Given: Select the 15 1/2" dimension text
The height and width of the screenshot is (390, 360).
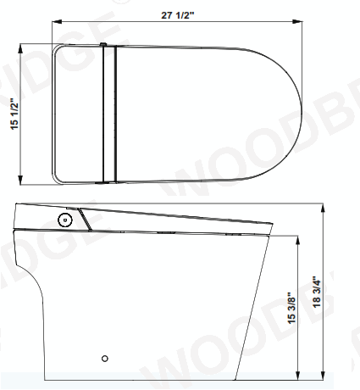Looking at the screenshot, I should click(x=13, y=114).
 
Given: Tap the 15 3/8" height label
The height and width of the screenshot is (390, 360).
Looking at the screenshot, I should click(x=291, y=309).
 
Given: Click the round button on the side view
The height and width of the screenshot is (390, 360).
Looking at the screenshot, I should click(x=63, y=219).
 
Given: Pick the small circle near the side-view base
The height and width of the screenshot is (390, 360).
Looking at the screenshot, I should click(x=105, y=358).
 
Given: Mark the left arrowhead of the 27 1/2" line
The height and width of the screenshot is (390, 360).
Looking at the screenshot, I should click(x=55, y=23).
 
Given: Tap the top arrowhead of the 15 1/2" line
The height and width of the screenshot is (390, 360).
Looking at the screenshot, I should click(x=22, y=48).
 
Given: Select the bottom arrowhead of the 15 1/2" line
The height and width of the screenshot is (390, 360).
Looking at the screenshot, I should click(x=22, y=181).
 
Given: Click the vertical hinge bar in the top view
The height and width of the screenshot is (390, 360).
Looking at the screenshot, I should click(x=108, y=114).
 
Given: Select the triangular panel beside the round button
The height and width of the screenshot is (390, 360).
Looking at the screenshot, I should click(x=79, y=218).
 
